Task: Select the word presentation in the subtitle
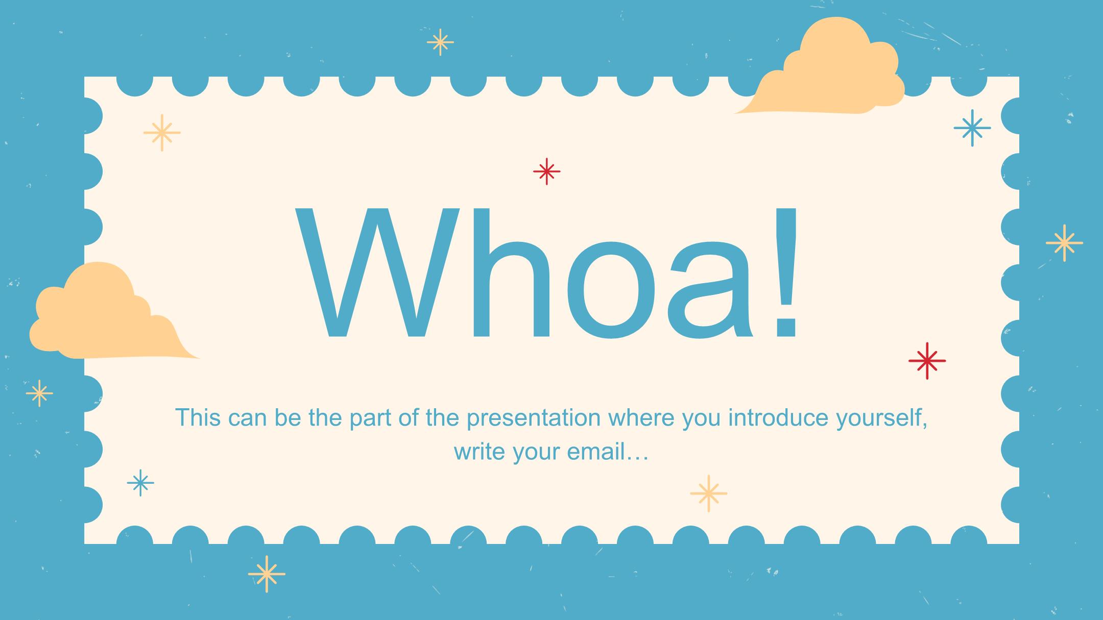(x=534, y=418)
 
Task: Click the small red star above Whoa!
(x=546, y=171)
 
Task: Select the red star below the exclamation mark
(x=927, y=361)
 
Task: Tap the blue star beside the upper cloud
(x=972, y=128)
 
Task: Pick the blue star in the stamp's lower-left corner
(x=140, y=483)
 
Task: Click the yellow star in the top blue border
(x=440, y=42)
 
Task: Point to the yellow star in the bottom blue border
(x=267, y=574)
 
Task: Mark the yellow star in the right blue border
(x=1064, y=243)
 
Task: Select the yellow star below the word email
(x=708, y=493)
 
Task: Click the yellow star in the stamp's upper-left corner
(x=162, y=133)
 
